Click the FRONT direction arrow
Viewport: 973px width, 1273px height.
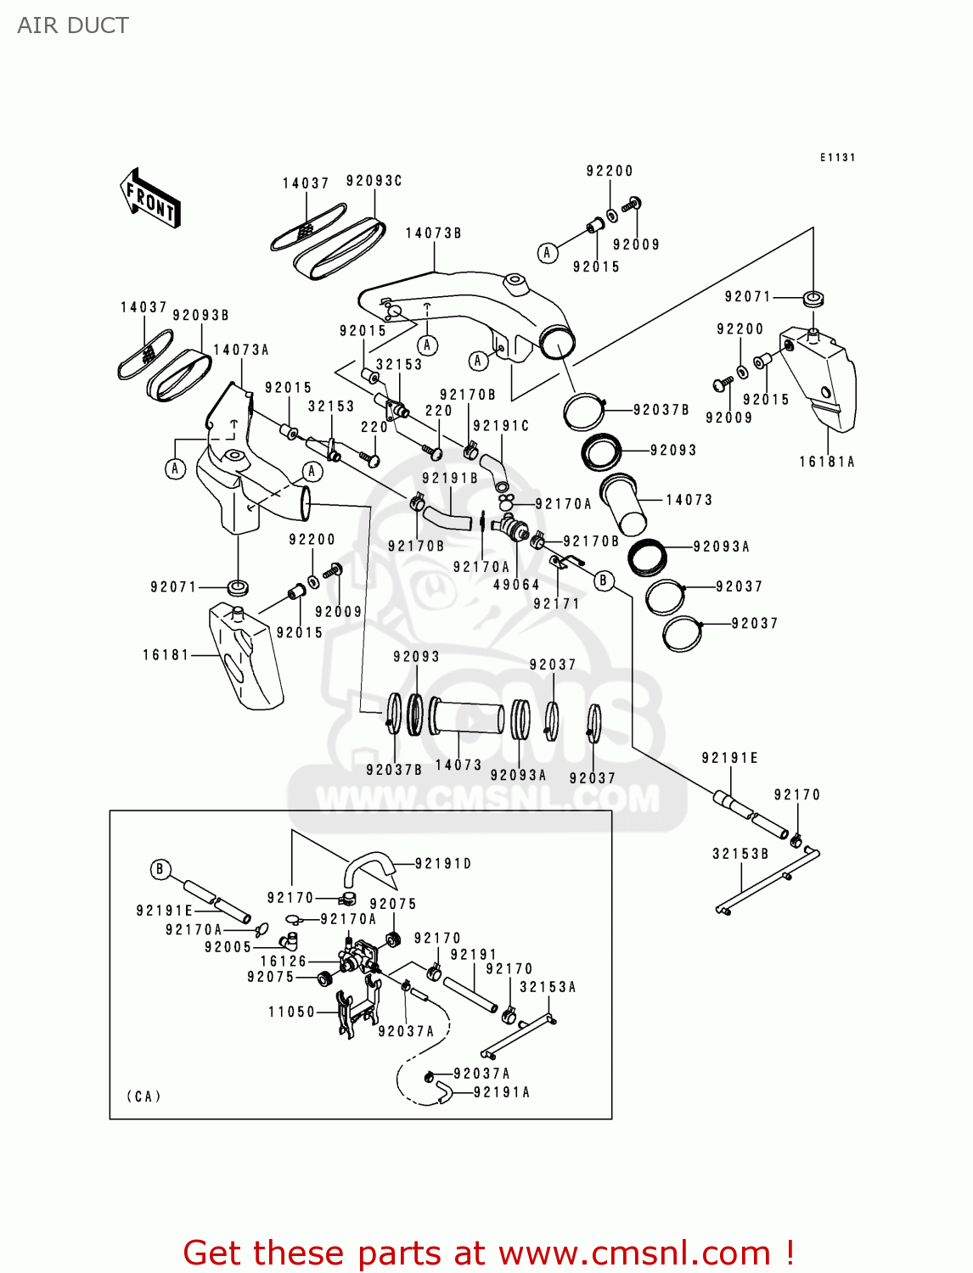[150, 199]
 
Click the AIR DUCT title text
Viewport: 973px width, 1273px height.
[73, 25]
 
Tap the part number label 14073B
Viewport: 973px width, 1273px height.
[433, 233]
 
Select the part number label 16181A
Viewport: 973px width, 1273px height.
[826, 463]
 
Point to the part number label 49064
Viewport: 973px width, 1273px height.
[516, 585]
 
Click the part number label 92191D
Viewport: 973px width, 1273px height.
[443, 864]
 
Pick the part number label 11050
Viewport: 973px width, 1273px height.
[291, 1012]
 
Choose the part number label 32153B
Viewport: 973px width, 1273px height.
[740, 854]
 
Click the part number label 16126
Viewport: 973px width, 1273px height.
[283, 962]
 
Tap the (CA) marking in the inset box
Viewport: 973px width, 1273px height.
[143, 1096]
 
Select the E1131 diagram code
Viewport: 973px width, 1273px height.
[837, 158]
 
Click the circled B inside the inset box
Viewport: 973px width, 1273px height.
[160, 870]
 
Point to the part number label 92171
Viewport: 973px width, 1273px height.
[556, 604]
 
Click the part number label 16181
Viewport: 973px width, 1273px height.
[166, 655]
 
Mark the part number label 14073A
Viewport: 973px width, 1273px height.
[240, 350]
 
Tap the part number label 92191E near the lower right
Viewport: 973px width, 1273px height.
[729, 758]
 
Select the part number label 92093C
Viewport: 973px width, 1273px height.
[374, 181]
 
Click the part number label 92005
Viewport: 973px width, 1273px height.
[228, 947]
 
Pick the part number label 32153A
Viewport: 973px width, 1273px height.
[548, 987]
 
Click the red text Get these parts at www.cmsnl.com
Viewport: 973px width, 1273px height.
[488, 1253]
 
